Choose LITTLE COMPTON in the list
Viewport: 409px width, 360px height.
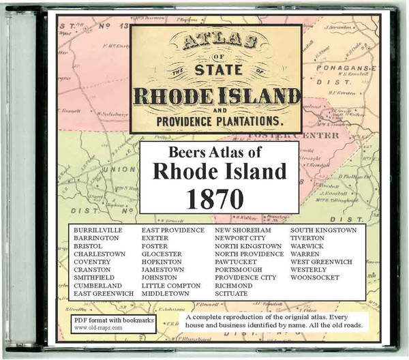coord(171,285)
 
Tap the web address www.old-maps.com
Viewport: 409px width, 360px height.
coord(98,327)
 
